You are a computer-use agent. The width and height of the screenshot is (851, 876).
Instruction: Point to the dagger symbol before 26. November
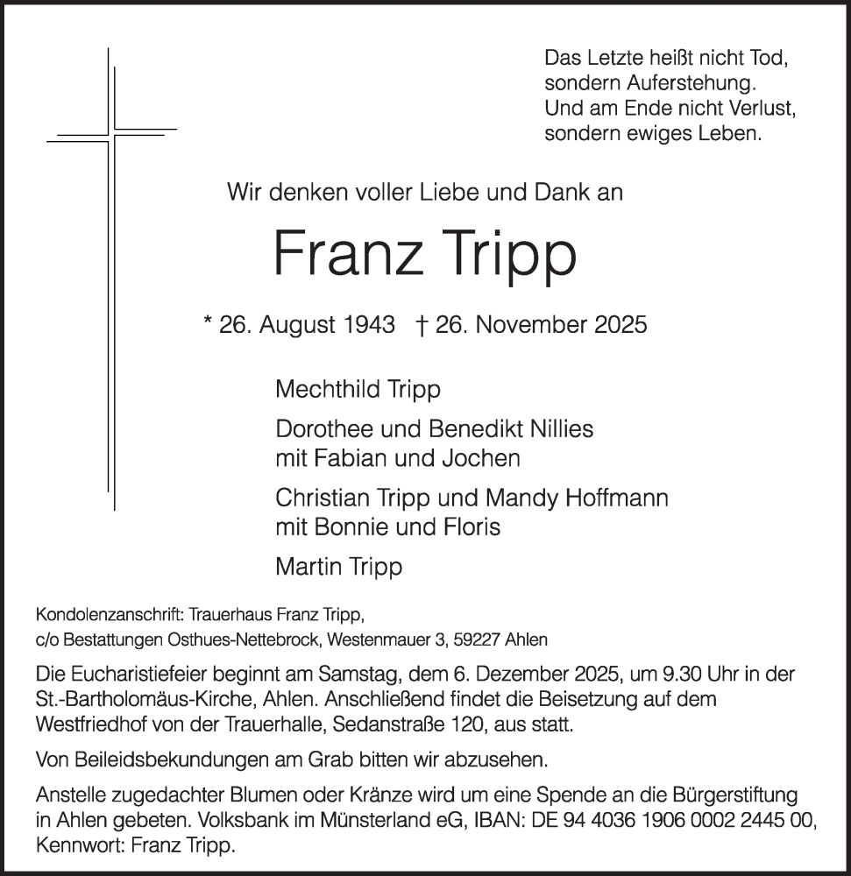pyautogui.click(x=420, y=326)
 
